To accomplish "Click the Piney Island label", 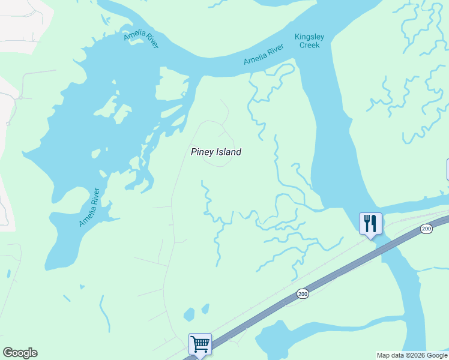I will click(216, 152).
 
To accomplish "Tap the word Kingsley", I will click(310, 37).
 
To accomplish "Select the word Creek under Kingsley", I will click(310, 45).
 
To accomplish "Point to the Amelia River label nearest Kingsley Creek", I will click(264, 55).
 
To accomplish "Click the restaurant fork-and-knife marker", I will click(370, 224).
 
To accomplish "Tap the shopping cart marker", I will click(200, 344).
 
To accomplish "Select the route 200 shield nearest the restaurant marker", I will click(426, 229).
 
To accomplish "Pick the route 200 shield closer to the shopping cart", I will click(303, 293).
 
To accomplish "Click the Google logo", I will click(20, 353).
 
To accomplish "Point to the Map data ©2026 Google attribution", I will click(412, 355).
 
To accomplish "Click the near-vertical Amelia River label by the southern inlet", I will click(89, 208).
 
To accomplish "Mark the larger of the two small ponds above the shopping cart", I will click(190, 314).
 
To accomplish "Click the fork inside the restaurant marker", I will click(367, 223).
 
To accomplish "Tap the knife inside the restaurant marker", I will click(374, 223).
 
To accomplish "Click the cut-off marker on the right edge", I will click(447, 169).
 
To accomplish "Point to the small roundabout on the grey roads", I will click(20, 97).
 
